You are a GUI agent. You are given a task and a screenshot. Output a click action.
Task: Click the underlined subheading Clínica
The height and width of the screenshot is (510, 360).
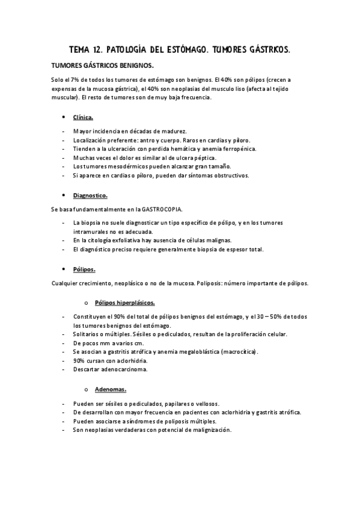(x=82, y=118)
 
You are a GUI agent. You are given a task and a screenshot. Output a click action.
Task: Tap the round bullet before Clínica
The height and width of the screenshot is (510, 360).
(x=64, y=118)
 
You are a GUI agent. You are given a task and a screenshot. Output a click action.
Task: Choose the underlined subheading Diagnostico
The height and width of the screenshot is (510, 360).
(x=90, y=195)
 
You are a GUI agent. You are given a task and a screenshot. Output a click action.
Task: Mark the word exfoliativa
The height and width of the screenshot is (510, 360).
(x=123, y=241)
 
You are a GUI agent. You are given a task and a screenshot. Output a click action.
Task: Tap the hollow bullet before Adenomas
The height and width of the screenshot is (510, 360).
(x=88, y=389)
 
